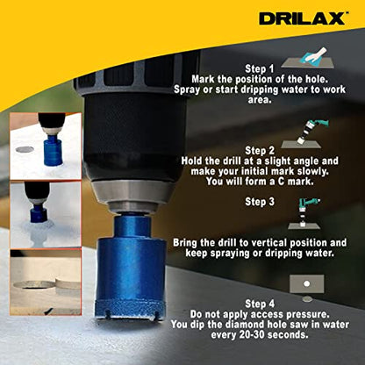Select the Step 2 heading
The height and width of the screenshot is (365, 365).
point(259,149)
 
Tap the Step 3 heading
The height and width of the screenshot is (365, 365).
point(259,201)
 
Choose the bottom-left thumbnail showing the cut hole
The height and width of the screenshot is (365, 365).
point(46,282)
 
